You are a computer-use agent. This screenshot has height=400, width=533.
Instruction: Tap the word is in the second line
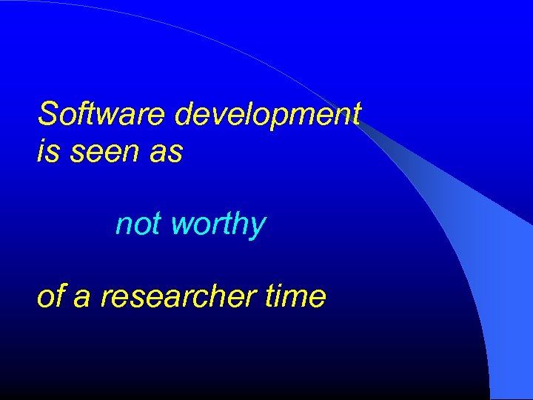pos(46,152)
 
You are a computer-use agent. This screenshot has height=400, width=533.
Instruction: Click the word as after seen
pos(167,153)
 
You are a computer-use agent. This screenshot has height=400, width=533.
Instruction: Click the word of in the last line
pos(50,296)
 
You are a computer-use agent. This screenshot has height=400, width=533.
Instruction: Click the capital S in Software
pos(48,115)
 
